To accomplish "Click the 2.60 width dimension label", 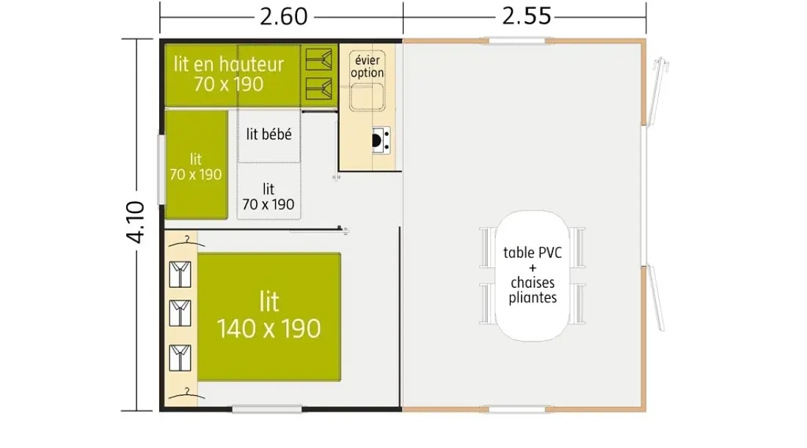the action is (284, 16).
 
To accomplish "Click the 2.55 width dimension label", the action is (527, 16).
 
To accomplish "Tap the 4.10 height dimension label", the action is (136, 222).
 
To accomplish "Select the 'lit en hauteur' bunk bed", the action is (233, 75).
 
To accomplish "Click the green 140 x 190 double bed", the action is (269, 317).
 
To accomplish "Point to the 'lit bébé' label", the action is (269, 134).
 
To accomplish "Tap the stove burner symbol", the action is (380, 140).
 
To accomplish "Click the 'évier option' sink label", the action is (367, 66).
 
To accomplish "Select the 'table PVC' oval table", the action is (533, 275).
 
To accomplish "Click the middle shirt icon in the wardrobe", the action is (180, 313).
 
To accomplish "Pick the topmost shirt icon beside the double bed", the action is (180, 274).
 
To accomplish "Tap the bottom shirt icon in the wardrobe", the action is (180, 358).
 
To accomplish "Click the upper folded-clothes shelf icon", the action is (319, 59).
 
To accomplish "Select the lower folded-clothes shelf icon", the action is (319, 89).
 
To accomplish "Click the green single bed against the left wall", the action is (196, 165).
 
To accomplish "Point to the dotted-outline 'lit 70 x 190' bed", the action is (269, 191).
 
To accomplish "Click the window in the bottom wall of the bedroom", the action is (266, 409).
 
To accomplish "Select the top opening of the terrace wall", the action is (516, 40).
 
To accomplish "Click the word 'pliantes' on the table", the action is (533, 298).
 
